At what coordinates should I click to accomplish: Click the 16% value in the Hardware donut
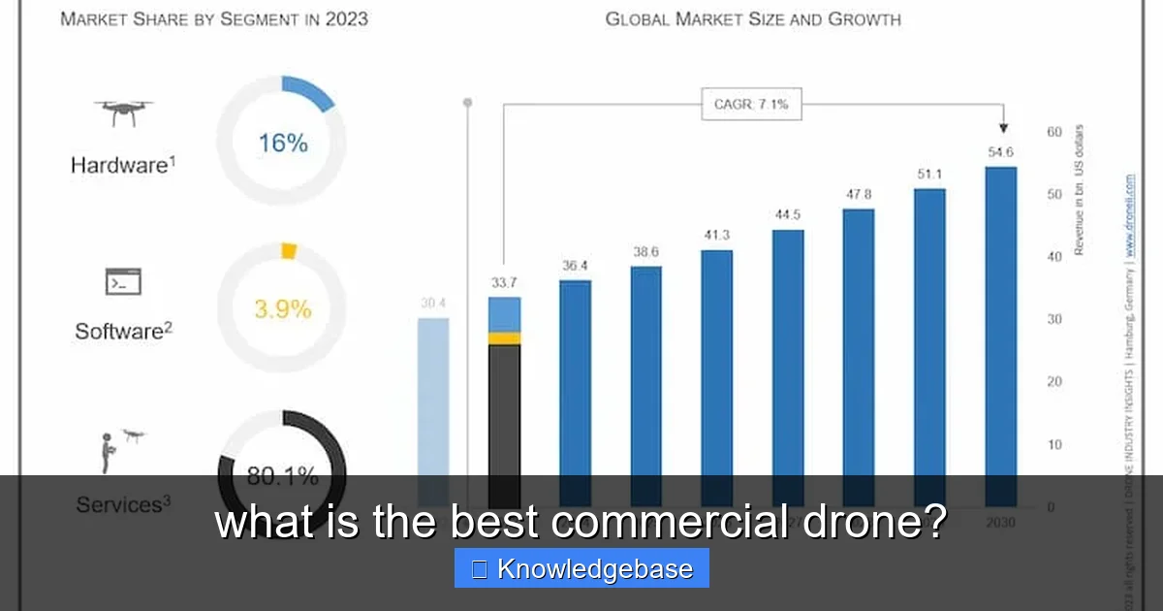coord(282,144)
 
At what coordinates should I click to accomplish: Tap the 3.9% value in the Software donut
coord(282,309)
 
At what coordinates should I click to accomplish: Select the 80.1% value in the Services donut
coord(282,475)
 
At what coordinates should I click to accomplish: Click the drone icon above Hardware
coord(123,112)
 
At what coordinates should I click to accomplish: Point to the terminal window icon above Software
coord(123,282)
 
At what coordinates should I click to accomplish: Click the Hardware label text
coord(122,165)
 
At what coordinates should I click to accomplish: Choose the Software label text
coord(123,331)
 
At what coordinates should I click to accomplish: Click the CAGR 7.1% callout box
coord(751,104)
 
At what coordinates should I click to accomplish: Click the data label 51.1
coord(929,174)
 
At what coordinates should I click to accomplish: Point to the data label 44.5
coord(788,214)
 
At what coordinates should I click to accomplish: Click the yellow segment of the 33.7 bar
coord(504,338)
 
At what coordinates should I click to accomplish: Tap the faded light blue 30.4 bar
coord(433,398)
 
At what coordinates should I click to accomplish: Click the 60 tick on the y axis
coord(1053,132)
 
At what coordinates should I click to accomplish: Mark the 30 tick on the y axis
coord(1053,319)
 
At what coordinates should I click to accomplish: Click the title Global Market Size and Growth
coord(753,19)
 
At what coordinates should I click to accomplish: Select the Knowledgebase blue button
coord(581,568)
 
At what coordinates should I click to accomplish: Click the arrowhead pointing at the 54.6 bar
coord(1002,127)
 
